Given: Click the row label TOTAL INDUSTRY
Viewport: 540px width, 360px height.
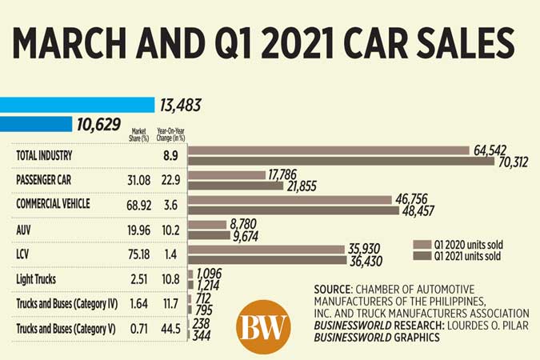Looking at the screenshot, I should [x=47, y=155].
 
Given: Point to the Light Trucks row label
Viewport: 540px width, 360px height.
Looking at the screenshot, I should [x=38, y=279].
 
